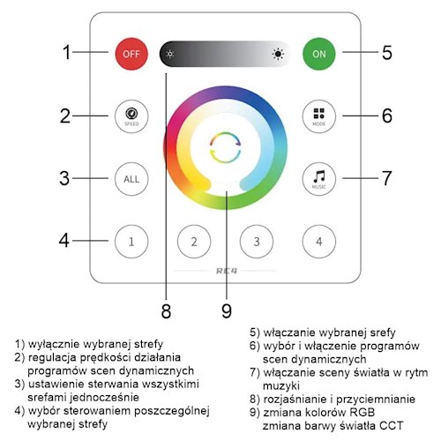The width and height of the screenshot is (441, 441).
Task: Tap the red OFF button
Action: click(131, 54)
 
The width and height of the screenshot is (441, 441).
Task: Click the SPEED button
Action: click(131, 116)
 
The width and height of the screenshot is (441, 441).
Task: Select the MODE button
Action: click(319, 116)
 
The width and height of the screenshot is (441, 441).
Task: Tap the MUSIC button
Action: click(319, 179)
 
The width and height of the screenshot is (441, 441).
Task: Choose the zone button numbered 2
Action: click(194, 242)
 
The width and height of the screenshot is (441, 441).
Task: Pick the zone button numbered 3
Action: click(257, 242)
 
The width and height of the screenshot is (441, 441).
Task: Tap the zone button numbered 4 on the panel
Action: click(319, 242)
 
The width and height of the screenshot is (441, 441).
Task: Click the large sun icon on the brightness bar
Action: click(278, 54)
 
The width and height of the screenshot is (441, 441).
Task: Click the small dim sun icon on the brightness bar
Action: click(170, 54)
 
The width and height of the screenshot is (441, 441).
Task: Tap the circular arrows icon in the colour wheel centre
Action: click(226, 147)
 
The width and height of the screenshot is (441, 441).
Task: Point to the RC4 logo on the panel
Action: click(227, 271)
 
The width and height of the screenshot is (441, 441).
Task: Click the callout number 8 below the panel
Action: click(166, 310)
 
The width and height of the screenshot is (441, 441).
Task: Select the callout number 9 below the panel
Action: click(227, 310)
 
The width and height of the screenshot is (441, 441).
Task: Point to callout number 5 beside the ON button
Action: click(387, 53)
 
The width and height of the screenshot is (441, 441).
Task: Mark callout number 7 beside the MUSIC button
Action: click(386, 178)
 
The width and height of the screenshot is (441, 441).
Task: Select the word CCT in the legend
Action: click(391, 426)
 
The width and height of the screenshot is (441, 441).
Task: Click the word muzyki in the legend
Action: click(281, 386)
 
